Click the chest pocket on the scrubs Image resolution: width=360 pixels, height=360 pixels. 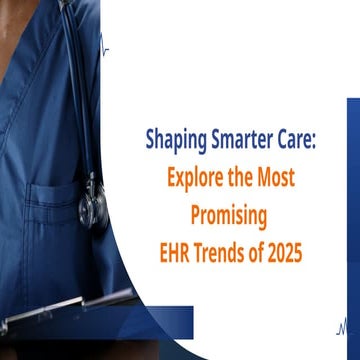pyautogui.click(x=60, y=215)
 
